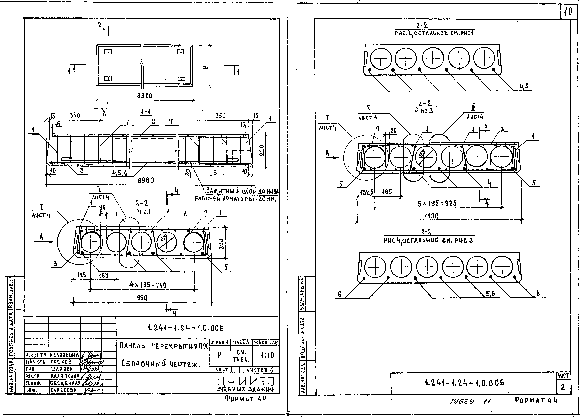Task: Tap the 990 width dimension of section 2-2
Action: pos(142,298)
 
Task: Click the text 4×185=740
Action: pos(148,285)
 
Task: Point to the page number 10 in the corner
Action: pos(568,12)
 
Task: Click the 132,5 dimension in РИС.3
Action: pos(367,192)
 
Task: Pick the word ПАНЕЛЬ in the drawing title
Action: pos(132,346)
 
